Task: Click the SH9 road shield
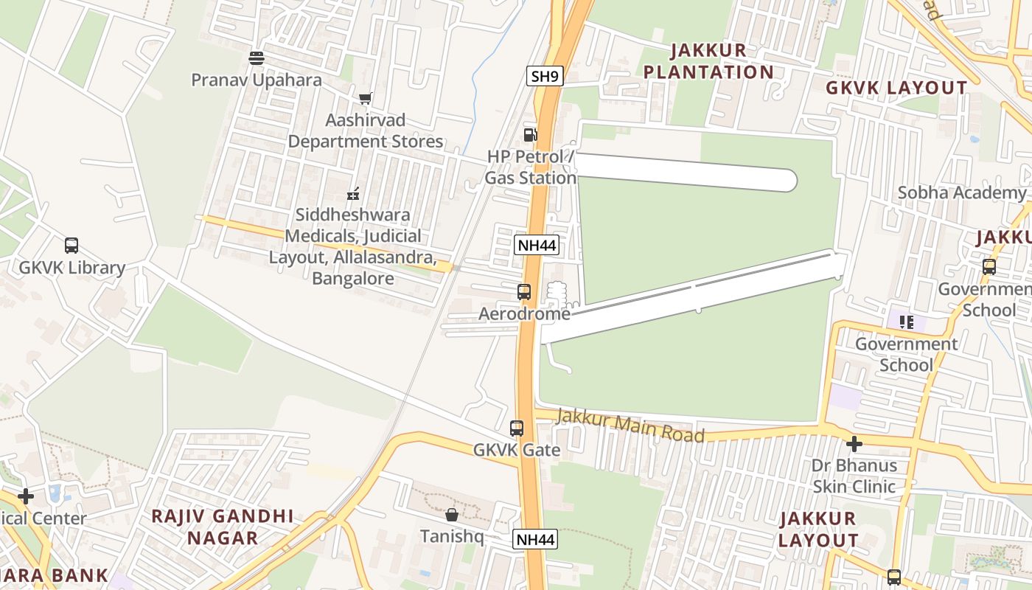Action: [545, 75]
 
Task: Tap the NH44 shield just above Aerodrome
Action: [537, 245]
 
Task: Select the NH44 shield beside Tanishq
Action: [535, 539]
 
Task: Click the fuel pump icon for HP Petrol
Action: [530, 134]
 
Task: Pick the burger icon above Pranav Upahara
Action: [257, 58]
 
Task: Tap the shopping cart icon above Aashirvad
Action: [365, 98]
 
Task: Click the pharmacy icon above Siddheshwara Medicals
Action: [353, 194]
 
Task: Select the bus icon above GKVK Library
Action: [72, 246]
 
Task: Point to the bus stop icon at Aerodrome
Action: [524, 292]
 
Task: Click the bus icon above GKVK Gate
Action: [517, 428]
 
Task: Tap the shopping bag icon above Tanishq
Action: [452, 514]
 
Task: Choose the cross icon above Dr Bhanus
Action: [854, 444]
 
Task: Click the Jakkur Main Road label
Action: [630, 426]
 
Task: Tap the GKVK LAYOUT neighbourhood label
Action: [896, 88]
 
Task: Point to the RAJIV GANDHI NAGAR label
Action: [223, 527]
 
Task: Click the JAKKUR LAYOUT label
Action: [818, 530]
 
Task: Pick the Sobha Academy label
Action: [961, 192]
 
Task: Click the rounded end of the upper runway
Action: [786, 180]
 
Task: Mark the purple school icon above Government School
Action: [906, 322]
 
